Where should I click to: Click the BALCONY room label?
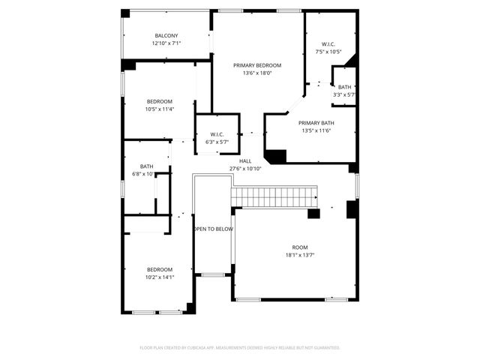pyautogui.click(x=166, y=36)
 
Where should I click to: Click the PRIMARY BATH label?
pyautogui.click(x=316, y=123)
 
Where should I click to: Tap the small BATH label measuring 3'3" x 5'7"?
pyautogui.click(x=344, y=88)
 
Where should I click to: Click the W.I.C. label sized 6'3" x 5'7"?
pyautogui.click(x=217, y=134)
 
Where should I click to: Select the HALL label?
pyautogui.click(x=245, y=161)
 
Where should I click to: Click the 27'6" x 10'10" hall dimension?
pyautogui.click(x=245, y=169)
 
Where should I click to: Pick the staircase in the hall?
pyautogui.click(x=274, y=198)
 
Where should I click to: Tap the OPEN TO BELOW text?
pyautogui.click(x=214, y=229)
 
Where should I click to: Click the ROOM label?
pyautogui.click(x=300, y=247)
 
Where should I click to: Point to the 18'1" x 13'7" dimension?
pyautogui.click(x=300, y=255)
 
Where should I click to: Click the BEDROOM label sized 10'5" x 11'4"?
pyautogui.click(x=160, y=102)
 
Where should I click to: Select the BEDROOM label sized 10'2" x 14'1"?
pyautogui.click(x=160, y=269)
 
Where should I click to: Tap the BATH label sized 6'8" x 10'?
pyautogui.click(x=146, y=166)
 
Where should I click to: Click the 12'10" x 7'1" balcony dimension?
pyautogui.click(x=166, y=43)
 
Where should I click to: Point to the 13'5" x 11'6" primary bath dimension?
pyautogui.click(x=316, y=130)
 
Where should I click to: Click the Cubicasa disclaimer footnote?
pyautogui.click(x=240, y=348)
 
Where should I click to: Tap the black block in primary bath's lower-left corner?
pyautogui.click(x=276, y=156)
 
